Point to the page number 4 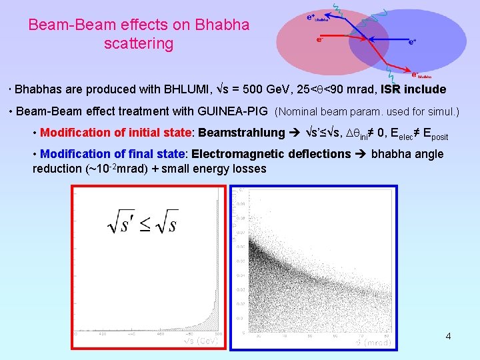coord(448,336)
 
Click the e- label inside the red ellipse coord(321,39)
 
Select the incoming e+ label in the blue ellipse coord(413,41)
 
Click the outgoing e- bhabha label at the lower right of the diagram coord(421,75)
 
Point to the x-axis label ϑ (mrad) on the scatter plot coord(373,342)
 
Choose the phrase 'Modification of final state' coord(111,154)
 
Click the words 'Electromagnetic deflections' coord(271,154)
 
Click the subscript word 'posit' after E coord(439,137)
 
